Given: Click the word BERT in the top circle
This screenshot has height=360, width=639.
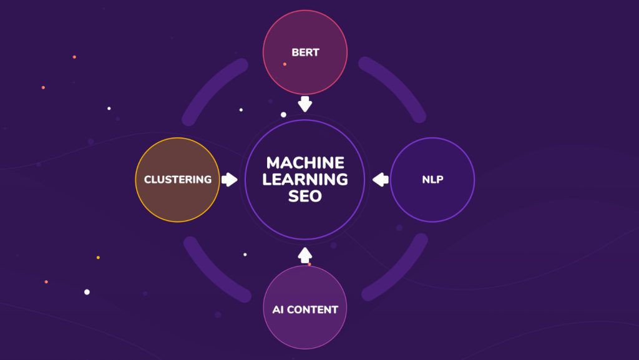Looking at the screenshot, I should tap(305, 52).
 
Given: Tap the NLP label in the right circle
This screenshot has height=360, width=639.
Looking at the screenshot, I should tap(432, 180).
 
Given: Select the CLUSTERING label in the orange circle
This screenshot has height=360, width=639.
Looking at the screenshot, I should tap(178, 180).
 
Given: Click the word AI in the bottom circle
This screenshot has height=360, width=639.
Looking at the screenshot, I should tap(278, 309).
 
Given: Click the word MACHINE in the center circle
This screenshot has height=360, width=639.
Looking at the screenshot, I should tap(305, 163).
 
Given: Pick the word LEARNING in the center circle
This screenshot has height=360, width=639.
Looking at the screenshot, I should tap(305, 180).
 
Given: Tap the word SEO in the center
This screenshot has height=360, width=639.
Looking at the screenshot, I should tap(305, 196).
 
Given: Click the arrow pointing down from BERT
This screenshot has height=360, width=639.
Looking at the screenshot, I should tap(305, 104).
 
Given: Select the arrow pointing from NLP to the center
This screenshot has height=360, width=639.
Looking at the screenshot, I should tap(381, 180).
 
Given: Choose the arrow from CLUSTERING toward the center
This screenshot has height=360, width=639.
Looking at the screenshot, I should tap(229, 180).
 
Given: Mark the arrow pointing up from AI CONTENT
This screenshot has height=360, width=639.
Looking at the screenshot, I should tap(305, 255).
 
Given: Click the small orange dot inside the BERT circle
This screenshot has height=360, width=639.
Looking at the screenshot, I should tap(285, 64).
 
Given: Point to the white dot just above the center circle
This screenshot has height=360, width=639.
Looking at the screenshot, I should tap(283, 115).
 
